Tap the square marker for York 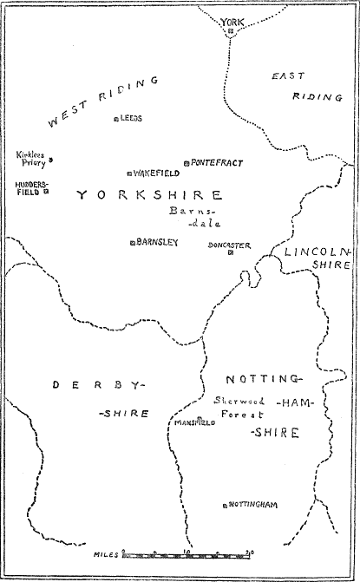(232, 33)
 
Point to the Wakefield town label (157, 173)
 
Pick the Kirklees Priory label (31, 159)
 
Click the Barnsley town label (158, 242)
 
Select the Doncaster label (229, 245)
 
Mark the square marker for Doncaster (231, 253)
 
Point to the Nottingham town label (253, 504)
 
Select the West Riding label (102, 101)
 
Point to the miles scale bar (187, 553)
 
